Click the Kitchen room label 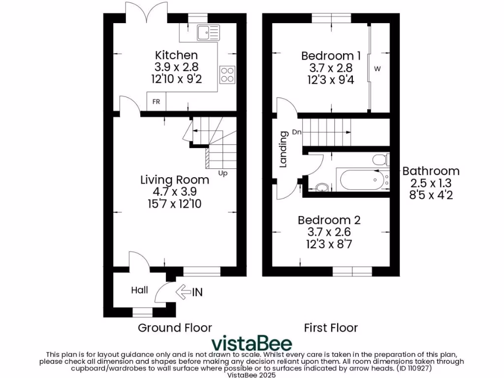[176, 55]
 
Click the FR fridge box [157, 102]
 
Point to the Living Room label [175, 180]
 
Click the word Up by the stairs [222, 173]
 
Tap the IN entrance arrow [189, 292]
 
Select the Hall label [139, 290]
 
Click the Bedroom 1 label [327, 56]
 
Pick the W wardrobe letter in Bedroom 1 [378, 69]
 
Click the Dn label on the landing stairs [297, 132]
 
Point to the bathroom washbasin [321, 187]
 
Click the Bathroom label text [431, 171]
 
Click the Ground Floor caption [175, 327]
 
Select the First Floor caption [331, 327]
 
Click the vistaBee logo [252, 343]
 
